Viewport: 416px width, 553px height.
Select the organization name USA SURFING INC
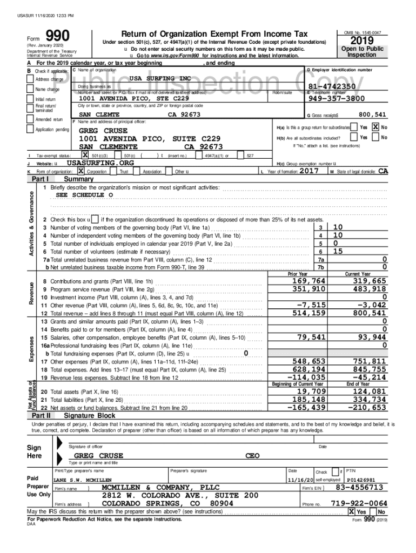(160, 78)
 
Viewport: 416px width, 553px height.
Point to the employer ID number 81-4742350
(332, 86)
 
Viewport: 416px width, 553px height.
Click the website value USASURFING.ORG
(100, 163)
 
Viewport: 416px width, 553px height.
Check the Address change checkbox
(31, 79)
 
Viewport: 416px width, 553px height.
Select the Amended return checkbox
(31, 119)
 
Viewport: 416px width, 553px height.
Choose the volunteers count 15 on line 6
(338, 251)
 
